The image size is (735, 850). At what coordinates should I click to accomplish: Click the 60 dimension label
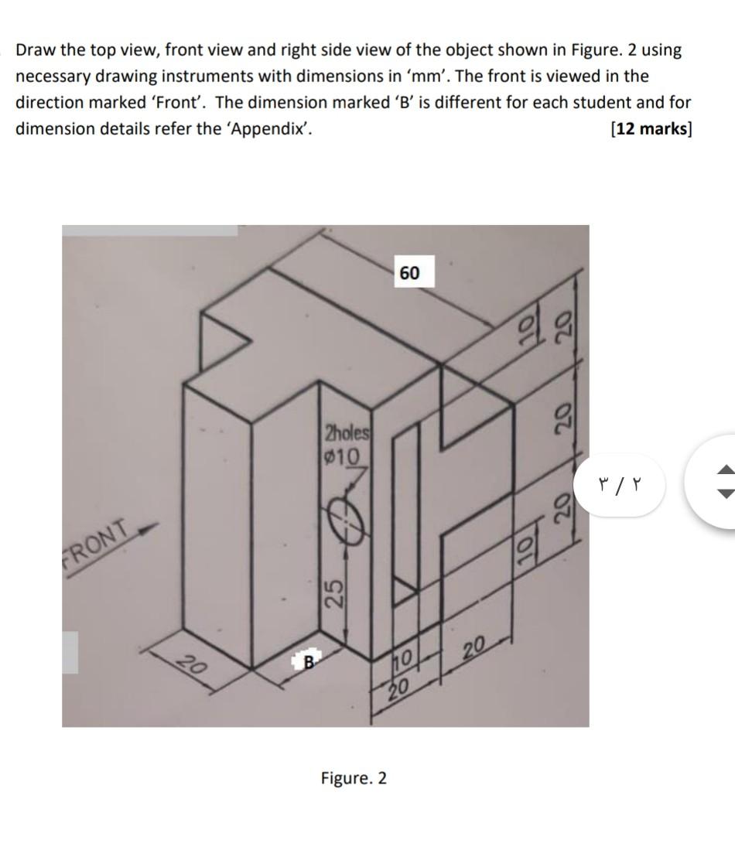click(410, 273)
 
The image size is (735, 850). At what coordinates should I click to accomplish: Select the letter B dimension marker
click(306, 661)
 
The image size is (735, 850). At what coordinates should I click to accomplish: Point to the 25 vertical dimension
click(333, 596)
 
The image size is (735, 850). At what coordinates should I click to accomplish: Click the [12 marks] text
click(651, 128)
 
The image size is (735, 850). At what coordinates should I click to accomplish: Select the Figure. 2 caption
click(354, 777)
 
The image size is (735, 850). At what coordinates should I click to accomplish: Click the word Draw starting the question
click(36, 50)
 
